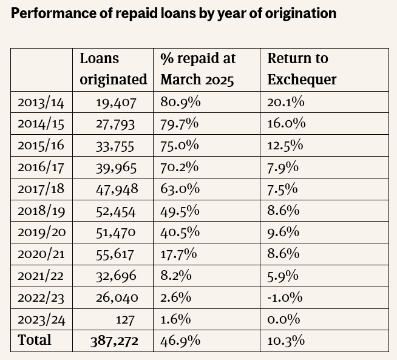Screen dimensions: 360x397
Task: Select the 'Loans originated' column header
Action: (113, 69)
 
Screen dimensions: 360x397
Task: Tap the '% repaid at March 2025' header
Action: (197, 69)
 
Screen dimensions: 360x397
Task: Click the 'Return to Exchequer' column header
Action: (302, 69)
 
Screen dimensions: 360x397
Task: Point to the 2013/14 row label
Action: (41, 102)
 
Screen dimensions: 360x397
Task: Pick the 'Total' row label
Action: (35, 340)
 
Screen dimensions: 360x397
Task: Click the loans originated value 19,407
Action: (116, 102)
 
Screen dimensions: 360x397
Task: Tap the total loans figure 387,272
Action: (114, 341)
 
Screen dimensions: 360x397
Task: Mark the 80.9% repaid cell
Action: (180, 102)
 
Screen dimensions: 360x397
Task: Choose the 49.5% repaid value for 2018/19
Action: (180, 211)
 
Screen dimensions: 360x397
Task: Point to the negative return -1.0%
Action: (285, 297)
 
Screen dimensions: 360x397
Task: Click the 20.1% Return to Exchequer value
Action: (285, 102)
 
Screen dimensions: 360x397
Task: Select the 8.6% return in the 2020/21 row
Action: (283, 254)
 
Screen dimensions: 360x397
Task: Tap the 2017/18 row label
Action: (41, 189)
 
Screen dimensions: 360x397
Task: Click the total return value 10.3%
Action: (285, 341)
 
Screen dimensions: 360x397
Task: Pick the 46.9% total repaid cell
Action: (180, 341)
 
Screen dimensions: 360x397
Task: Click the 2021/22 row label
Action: (41, 276)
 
